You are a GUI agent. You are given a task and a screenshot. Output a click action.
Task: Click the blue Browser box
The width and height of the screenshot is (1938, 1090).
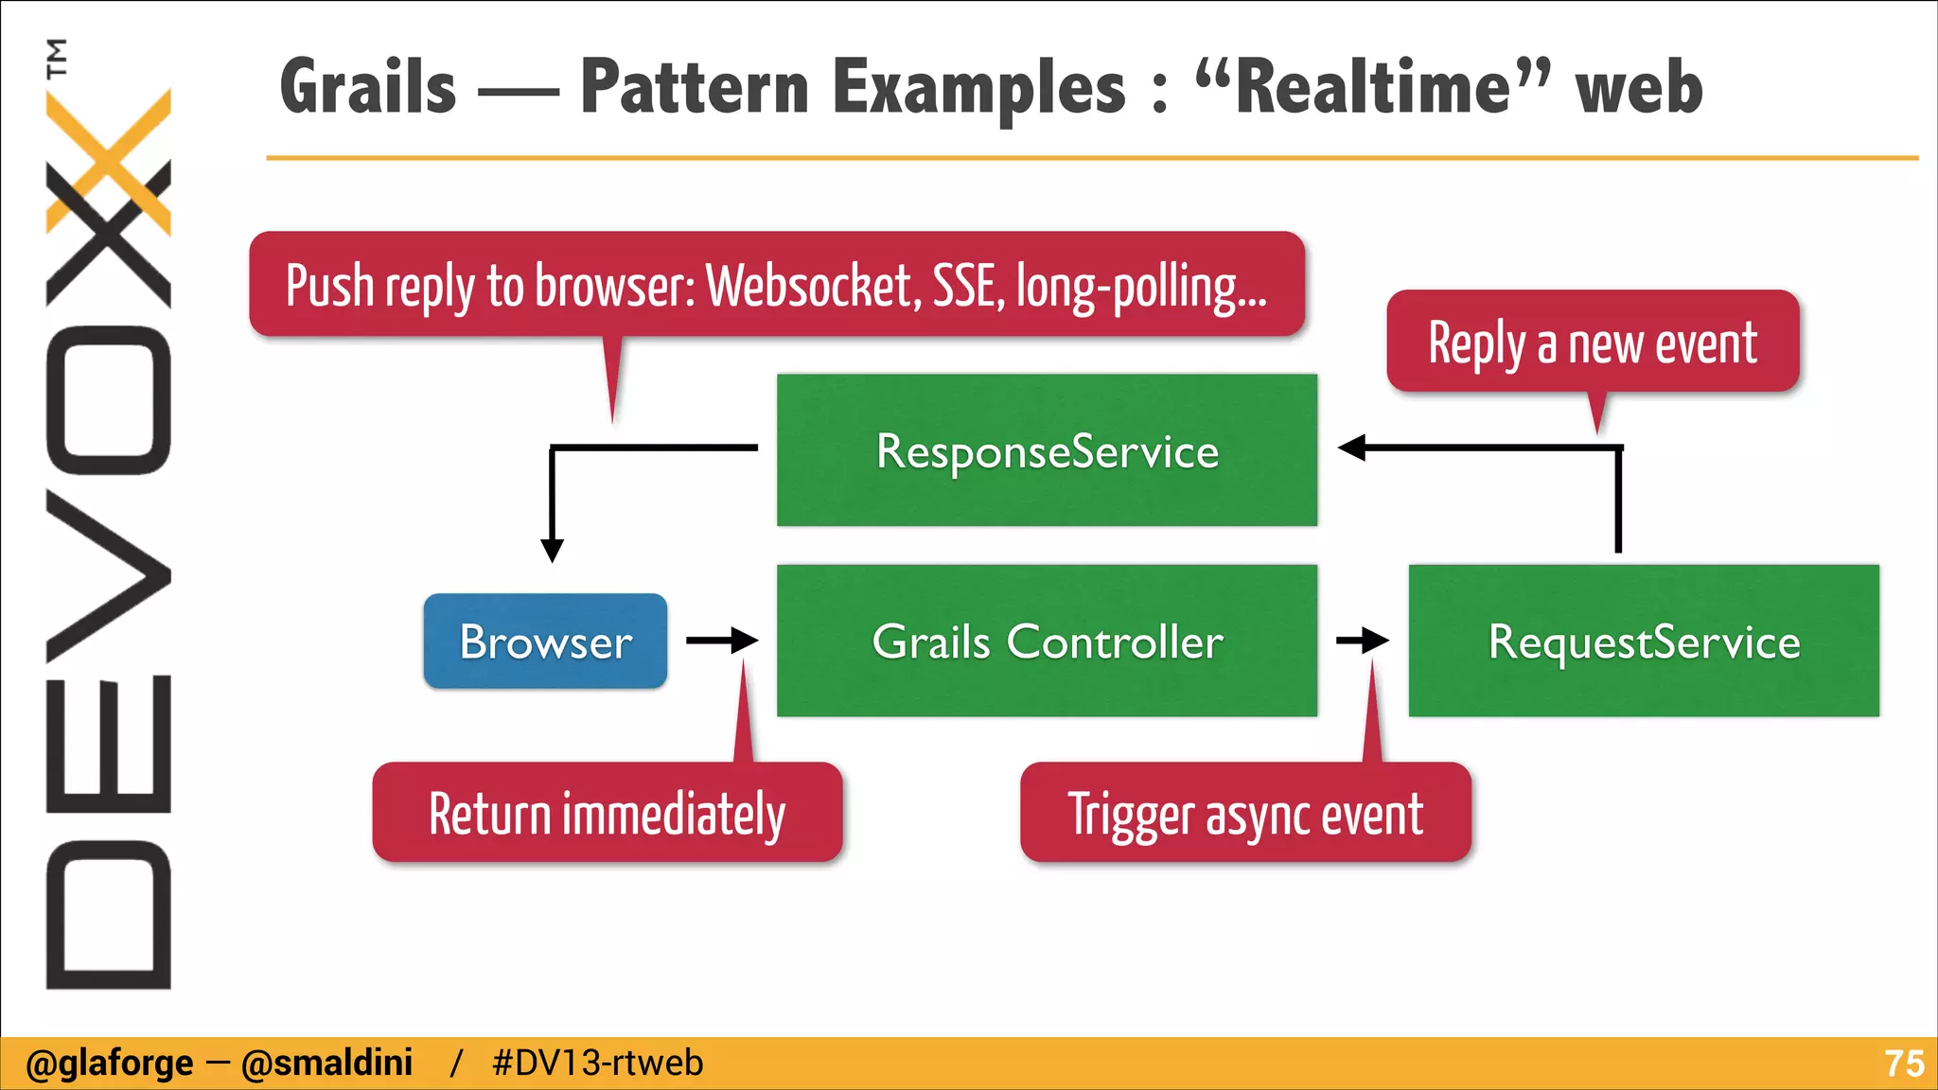pos(545,642)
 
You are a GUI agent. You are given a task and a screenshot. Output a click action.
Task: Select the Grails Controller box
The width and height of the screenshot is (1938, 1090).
pos(1047,642)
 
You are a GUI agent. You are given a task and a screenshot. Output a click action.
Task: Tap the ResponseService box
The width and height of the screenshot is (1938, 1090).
pos(1047,450)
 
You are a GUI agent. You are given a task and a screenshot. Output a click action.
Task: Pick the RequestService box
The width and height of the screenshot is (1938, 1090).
pos(1644,642)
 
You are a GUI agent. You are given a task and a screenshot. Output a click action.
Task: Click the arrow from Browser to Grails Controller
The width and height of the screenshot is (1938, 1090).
pos(722,641)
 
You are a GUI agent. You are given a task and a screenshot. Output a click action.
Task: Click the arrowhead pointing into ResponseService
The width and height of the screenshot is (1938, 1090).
pos(1352,448)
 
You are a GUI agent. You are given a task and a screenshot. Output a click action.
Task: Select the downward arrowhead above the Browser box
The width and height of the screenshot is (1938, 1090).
pos(553,550)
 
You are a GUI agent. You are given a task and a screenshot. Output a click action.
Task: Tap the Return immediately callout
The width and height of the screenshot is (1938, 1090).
pos(607,814)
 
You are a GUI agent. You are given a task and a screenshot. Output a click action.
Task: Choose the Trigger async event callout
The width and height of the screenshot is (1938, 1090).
pos(1245,814)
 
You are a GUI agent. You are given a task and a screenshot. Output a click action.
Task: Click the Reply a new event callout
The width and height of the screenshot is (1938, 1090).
pos(1593,343)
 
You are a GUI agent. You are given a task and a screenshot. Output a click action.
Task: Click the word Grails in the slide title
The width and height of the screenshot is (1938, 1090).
pos(369,87)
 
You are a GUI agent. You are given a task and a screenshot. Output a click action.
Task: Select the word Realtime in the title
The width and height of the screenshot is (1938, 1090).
pos(1372,87)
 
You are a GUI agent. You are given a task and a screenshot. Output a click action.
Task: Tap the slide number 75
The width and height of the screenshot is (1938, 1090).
pos(1903,1064)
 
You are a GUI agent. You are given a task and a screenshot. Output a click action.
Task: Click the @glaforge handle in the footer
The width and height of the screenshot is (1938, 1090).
pos(110,1064)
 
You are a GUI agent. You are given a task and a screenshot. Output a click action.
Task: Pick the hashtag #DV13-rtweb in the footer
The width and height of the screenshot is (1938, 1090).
pos(598,1064)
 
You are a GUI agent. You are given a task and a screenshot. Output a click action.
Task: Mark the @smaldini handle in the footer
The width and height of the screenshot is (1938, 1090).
pos(327,1064)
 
